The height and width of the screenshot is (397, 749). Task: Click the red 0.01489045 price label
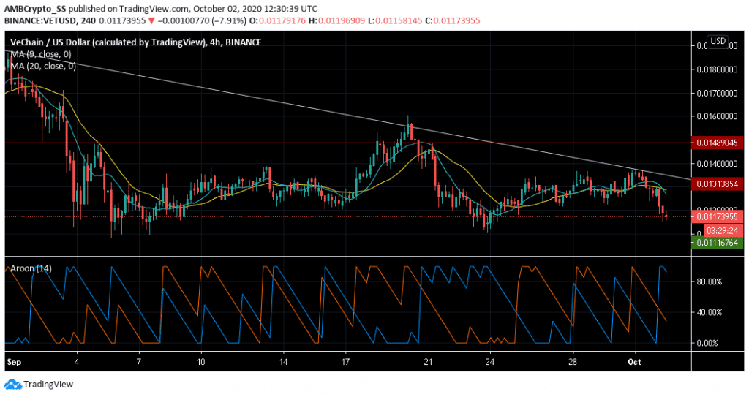[x=719, y=142]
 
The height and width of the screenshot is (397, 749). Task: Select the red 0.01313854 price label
[x=719, y=184]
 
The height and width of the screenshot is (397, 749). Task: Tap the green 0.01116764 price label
[x=719, y=243]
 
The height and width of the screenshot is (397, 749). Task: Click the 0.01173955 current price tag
[x=719, y=216]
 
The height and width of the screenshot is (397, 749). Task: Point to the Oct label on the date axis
[x=634, y=361]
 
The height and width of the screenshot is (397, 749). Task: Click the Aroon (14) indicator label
[x=30, y=268]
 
